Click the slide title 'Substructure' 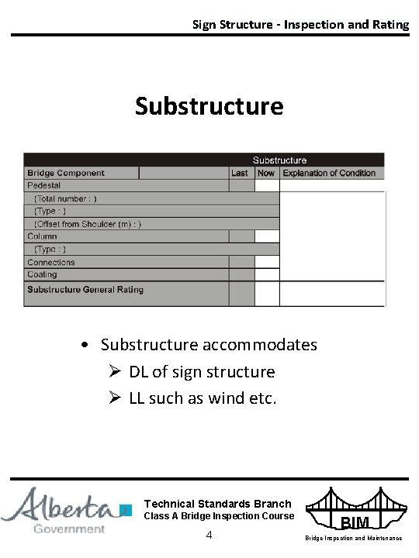209,105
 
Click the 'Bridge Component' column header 66,173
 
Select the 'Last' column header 240,173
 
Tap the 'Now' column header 266,173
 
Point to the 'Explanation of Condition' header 329,173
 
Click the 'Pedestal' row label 44,186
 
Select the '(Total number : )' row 66,198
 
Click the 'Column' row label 43,236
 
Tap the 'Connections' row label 51,262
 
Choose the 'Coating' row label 43,274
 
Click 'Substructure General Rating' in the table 85,290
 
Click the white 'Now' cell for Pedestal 267,186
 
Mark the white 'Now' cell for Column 267,236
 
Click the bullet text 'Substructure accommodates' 209,344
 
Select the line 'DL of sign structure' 202,372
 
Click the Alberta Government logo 67,509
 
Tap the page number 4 209,536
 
